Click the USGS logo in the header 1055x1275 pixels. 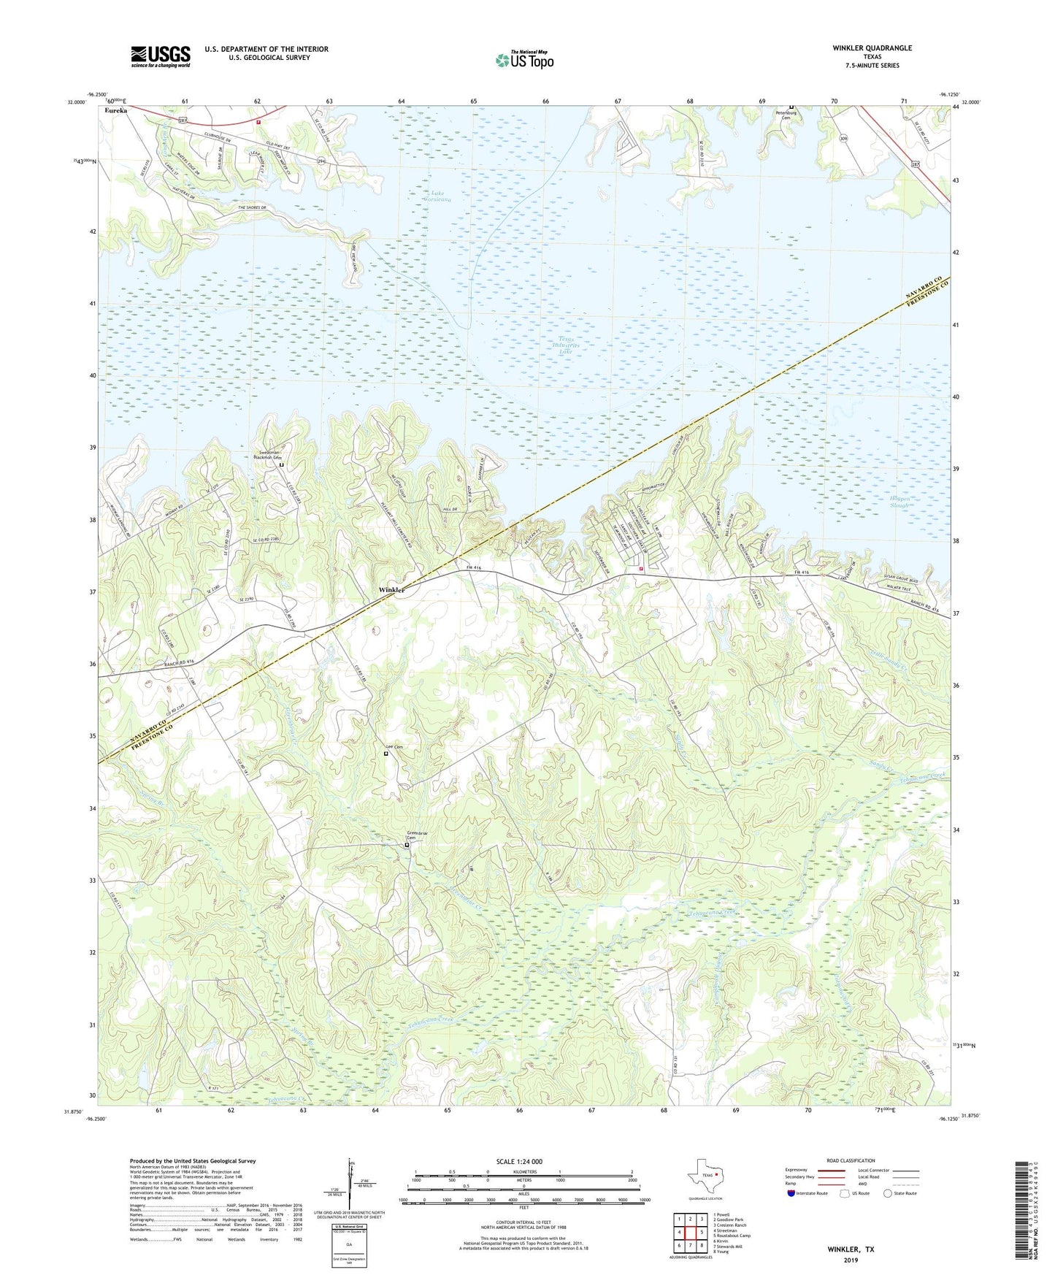pyautogui.click(x=160, y=56)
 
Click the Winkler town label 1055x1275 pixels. pyautogui.click(x=392, y=589)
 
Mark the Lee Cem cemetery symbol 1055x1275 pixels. pyautogui.click(x=386, y=754)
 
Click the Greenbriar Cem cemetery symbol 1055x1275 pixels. pyautogui.click(x=407, y=845)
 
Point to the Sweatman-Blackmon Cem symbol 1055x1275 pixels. pyautogui.click(x=281, y=464)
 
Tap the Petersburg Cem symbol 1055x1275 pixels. pyautogui.click(x=791, y=108)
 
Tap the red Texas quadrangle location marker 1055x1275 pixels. pyautogui.click(x=717, y=1175)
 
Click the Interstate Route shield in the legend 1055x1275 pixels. pyautogui.click(x=792, y=1193)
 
